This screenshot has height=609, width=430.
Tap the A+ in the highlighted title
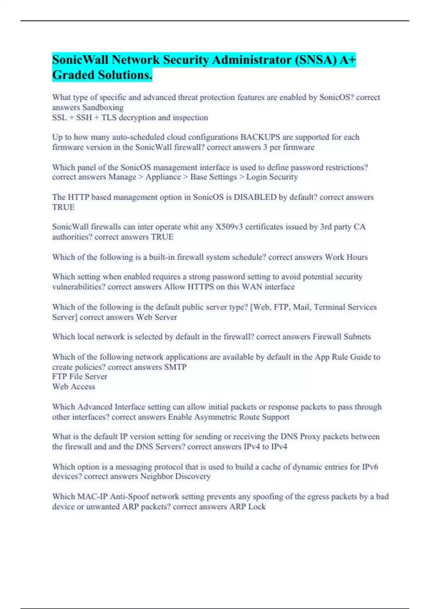[x=347, y=60]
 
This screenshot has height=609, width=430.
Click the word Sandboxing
[x=103, y=107]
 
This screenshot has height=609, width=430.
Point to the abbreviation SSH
[x=84, y=118]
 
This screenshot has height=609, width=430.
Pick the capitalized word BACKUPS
[x=260, y=137]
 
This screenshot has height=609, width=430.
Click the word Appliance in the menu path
[x=163, y=177]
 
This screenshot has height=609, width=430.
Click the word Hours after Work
[x=357, y=257]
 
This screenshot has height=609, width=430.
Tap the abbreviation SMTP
[x=175, y=367]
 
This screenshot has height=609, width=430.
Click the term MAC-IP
[x=92, y=497]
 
